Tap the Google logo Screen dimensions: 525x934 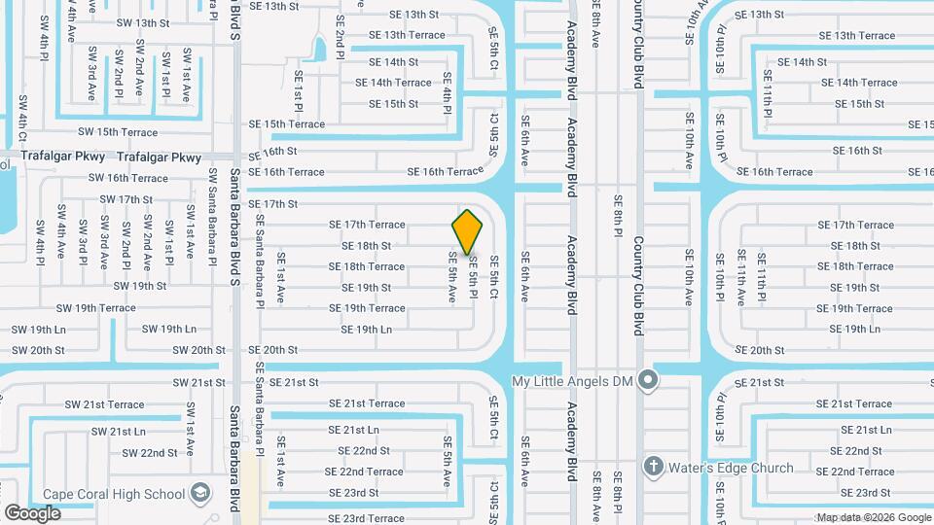[33, 512]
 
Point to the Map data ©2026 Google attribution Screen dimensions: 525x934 [873, 517]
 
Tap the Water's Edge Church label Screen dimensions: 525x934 [731, 469]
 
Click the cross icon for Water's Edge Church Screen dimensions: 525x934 [653, 468]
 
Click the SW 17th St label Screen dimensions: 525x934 [126, 199]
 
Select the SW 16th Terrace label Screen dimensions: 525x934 [128, 178]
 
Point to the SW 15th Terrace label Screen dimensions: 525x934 [118, 132]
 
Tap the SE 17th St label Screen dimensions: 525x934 [271, 204]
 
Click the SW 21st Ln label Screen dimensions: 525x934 [119, 431]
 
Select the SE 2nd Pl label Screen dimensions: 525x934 [340, 37]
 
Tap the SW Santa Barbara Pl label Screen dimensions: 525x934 [212, 214]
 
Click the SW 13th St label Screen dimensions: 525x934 [141, 22]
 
